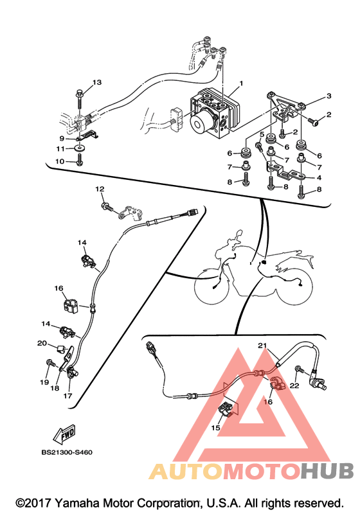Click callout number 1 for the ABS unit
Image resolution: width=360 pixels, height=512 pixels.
click(x=241, y=84)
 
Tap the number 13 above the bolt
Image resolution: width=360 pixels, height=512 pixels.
click(x=97, y=82)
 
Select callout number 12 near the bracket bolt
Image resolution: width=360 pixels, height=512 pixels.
click(x=100, y=189)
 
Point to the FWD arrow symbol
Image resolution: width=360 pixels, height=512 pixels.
click(x=64, y=434)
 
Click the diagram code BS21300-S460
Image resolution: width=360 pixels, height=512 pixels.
click(x=67, y=452)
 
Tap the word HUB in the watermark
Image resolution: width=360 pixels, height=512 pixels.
click(x=327, y=470)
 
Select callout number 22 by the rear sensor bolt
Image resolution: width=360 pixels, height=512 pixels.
click(x=294, y=385)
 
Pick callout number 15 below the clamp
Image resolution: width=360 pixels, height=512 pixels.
click(x=215, y=427)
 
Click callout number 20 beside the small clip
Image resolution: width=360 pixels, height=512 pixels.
click(x=42, y=343)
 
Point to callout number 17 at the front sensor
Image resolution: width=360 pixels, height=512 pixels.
click(x=67, y=396)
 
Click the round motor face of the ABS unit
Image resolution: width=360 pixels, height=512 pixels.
click(x=198, y=125)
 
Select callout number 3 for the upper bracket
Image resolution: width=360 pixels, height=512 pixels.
click(x=328, y=96)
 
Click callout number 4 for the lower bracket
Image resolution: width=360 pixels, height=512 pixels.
click(x=319, y=178)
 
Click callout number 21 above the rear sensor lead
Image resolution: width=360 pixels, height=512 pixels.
click(x=262, y=345)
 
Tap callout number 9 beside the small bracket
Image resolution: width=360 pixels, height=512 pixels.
click(x=62, y=139)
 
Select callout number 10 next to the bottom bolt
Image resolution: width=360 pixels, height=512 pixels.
click(x=60, y=161)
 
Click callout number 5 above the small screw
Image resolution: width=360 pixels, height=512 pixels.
click(x=262, y=134)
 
